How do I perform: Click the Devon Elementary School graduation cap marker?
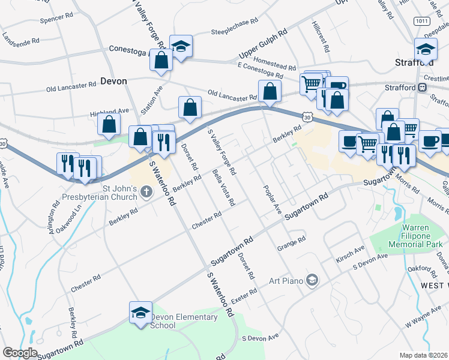pos(140,313)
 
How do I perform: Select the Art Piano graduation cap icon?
pos(311,280)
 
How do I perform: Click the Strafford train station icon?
pos(423,87)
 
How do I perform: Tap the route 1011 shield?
pos(421,20)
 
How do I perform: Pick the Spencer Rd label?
pos(56,18)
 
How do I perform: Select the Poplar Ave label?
pos(273,199)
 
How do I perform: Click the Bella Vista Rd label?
pos(223,186)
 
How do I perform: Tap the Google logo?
pos(20,353)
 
